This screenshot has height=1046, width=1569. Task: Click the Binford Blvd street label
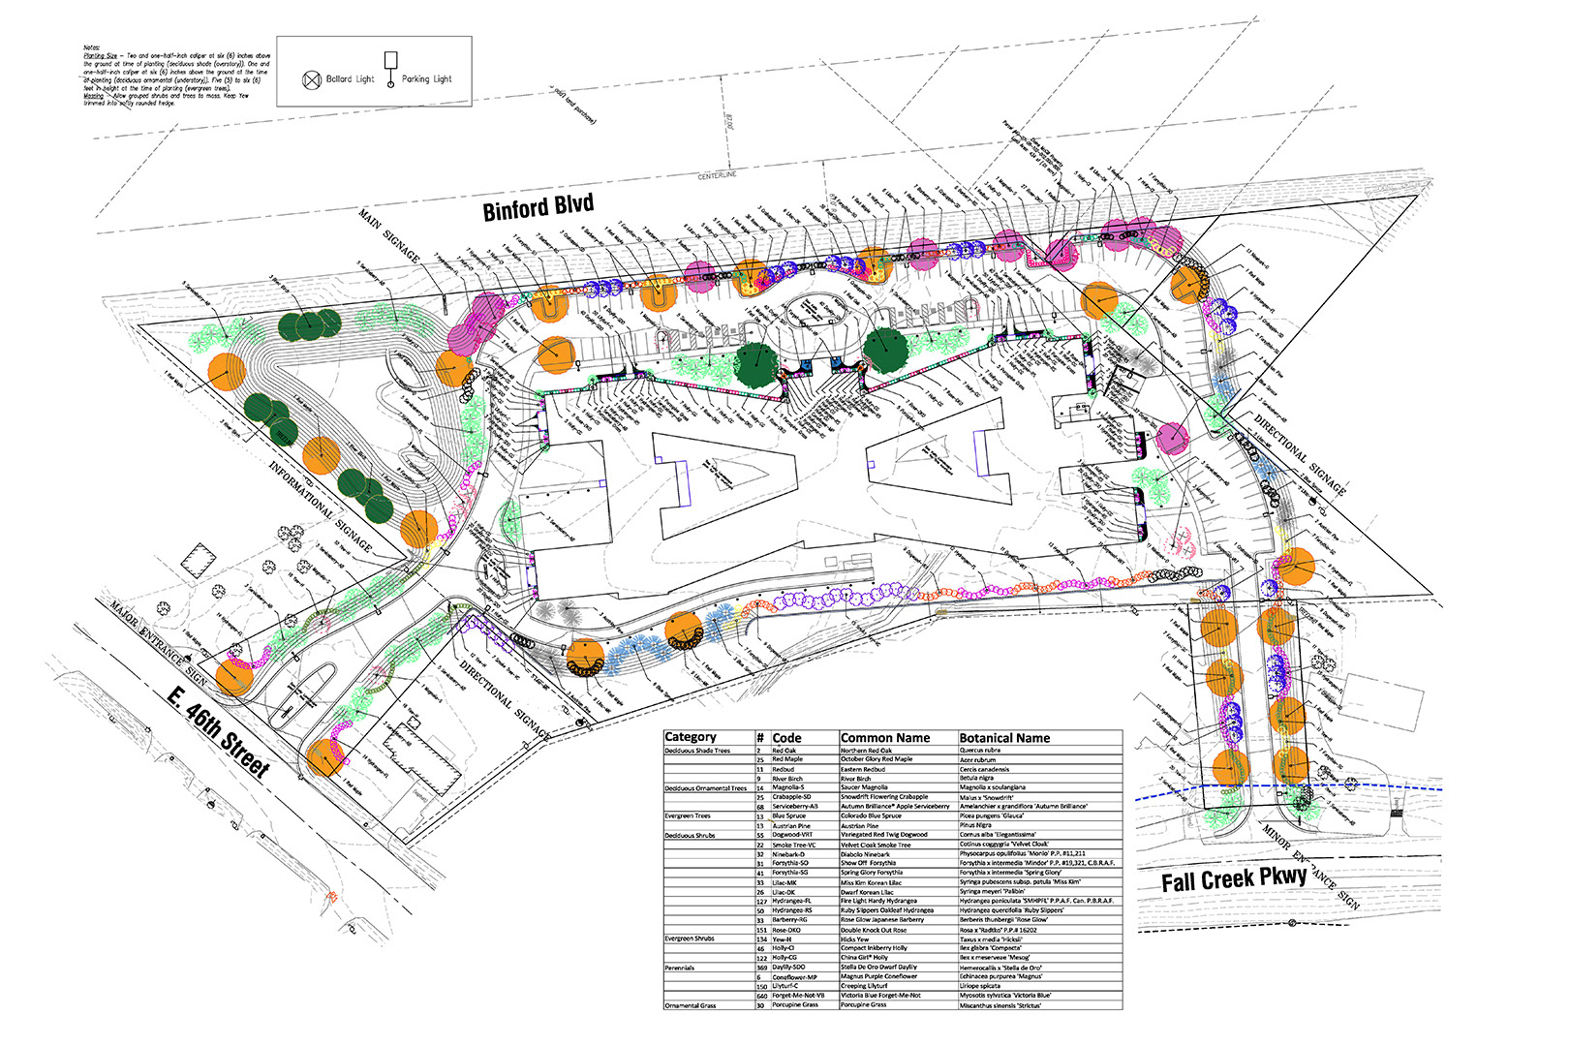point(538,207)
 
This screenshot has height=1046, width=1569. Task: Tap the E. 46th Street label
point(218,732)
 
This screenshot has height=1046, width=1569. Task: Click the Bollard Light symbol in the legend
point(312,80)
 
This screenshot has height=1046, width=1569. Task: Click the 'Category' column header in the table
point(691,738)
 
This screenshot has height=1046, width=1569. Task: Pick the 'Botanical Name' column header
point(1004,738)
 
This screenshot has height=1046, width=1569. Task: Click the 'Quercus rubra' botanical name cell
point(980,751)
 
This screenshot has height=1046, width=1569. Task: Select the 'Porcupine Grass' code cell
point(795,1005)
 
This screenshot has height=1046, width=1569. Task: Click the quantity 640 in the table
point(762,996)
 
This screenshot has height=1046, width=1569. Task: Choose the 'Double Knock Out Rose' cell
point(874,930)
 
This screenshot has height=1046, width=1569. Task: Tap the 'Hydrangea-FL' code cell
point(791,902)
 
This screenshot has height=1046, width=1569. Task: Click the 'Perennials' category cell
point(680,968)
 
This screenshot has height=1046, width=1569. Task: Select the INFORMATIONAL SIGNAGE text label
point(320,507)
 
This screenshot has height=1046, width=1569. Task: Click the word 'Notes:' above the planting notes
point(92,47)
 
